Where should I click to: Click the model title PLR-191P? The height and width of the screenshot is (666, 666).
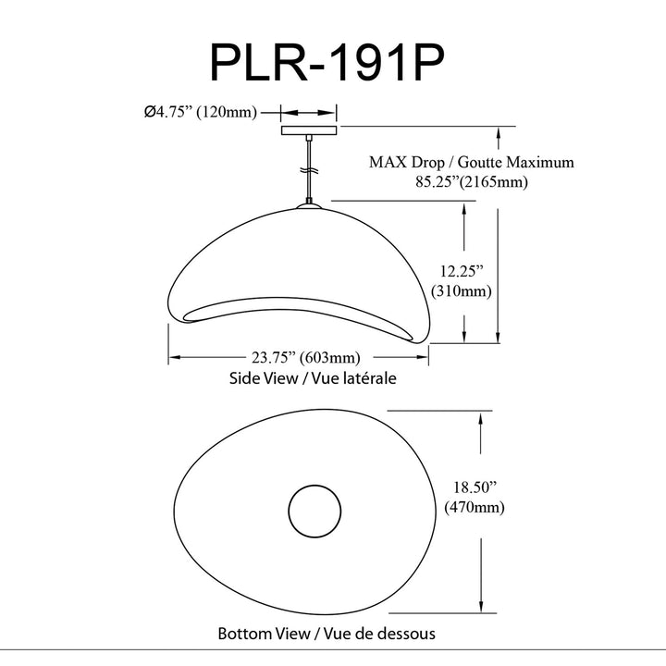tap(327, 63)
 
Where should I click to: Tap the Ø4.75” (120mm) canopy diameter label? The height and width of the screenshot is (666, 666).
tap(201, 112)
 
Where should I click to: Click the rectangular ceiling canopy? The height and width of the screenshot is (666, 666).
tap(309, 130)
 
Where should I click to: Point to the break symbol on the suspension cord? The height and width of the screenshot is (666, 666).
tap(309, 170)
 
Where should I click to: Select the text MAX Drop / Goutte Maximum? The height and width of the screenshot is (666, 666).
tap(472, 162)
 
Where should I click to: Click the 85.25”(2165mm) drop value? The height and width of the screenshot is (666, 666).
tap(472, 182)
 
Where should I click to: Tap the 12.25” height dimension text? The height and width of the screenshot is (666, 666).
tap(462, 271)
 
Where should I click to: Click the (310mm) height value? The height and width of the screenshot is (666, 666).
tap(462, 291)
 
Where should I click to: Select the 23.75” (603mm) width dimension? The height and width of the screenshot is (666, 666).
tap(306, 358)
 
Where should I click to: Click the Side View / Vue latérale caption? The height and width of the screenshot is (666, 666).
tap(313, 378)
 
